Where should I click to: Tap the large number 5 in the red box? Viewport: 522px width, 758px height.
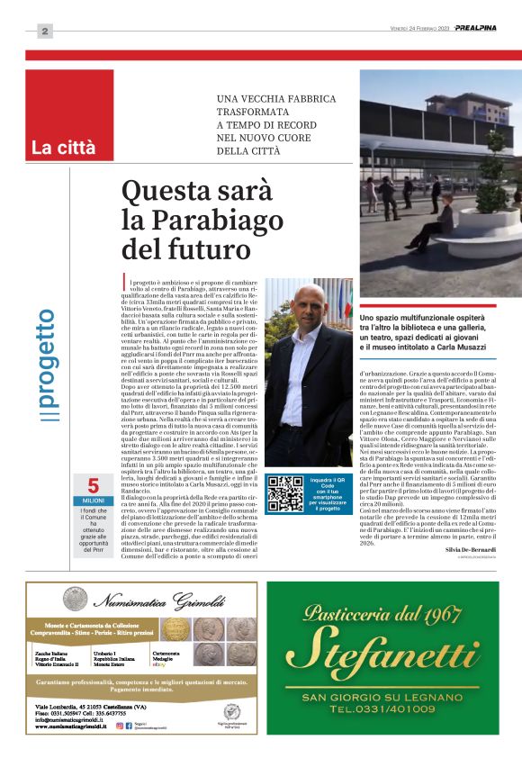tap(93, 484)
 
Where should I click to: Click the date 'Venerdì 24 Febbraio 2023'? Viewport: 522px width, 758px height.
tap(415, 28)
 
